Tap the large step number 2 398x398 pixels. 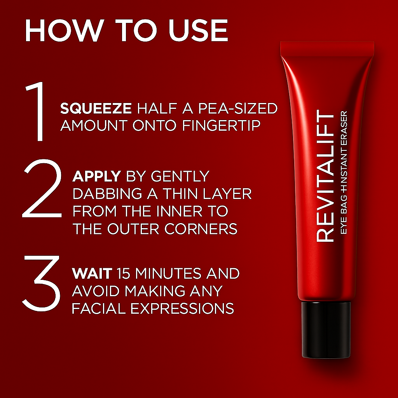click(42, 188)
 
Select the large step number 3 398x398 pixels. click(41, 281)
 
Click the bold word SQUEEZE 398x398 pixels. click(96, 109)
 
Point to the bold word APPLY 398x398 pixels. click(96, 176)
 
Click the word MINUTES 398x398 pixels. click(169, 273)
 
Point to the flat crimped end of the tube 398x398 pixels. click(327, 47)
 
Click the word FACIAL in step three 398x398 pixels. click(98, 308)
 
